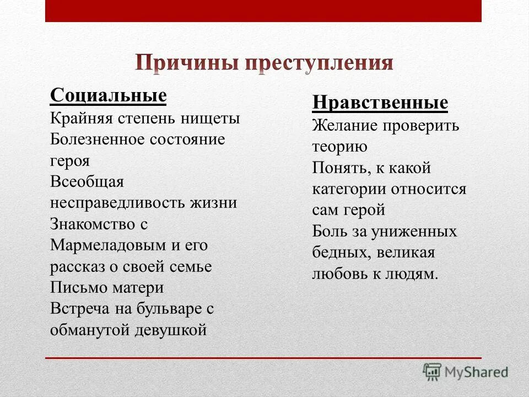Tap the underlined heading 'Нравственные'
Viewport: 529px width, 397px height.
click(x=380, y=103)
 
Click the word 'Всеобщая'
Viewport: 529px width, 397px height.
click(x=87, y=182)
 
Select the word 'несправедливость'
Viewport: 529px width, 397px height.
click(x=117, y=203)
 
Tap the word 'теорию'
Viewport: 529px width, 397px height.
click(x=339, y=147)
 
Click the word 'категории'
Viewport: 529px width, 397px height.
click(x=349, y=189)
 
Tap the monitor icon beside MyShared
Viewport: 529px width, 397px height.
click(x=433, y=372)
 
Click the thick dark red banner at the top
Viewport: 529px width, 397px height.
click(x=263, y=11)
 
